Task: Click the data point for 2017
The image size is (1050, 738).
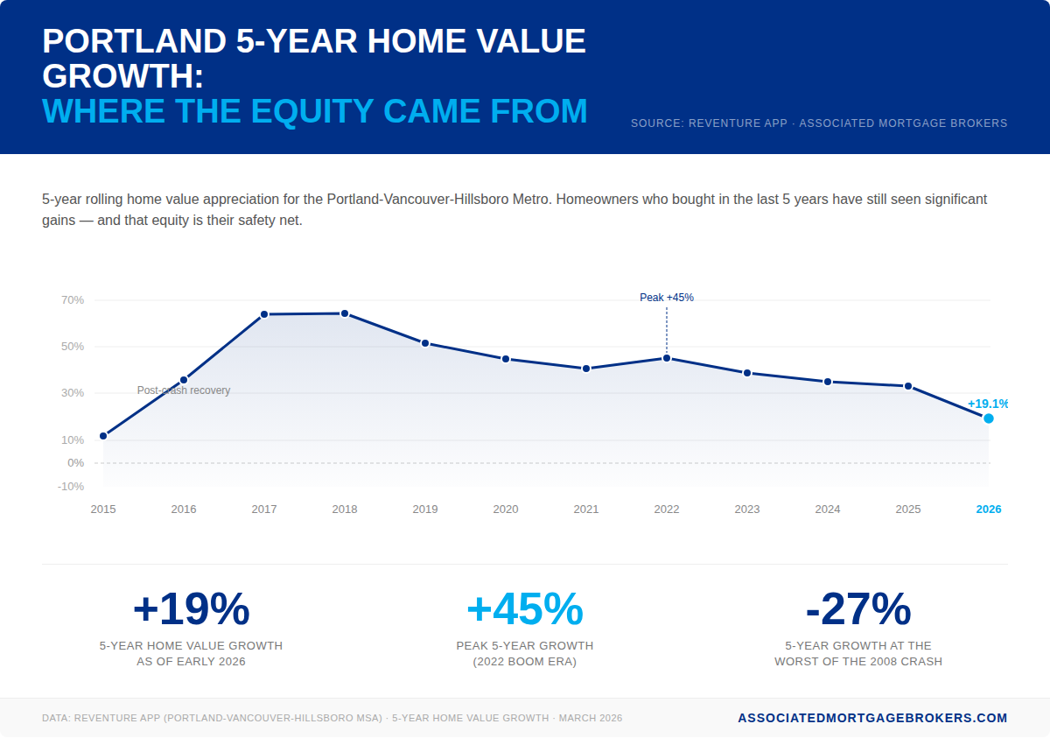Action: pyautogui.click(x=264, y=314)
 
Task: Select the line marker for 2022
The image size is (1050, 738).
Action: pyautogui.click(x=667, y=358)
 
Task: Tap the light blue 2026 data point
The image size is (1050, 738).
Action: pyautogui.click(x=989, y=418)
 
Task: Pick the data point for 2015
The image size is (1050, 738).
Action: pyautogui.click(x=103, y=436)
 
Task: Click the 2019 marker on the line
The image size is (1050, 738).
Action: pyautogui.click(x=425, y=343)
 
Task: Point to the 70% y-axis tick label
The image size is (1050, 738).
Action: pyautogui.click(x=73, y=300)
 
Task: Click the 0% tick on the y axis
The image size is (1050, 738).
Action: pyautogui.click(x=76, y=463)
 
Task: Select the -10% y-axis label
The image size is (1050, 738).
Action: pyautogui.click(x=71, y=487)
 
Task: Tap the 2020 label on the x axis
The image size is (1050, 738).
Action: pyautogui.click(x=506, y=510)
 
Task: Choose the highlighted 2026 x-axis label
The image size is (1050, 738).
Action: pyautogui.click(x=989, y=510)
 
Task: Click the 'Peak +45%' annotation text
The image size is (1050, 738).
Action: pyautogui.click(x=667, y=298)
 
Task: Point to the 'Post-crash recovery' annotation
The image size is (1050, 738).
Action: pyautogui.click(x=184, y=390)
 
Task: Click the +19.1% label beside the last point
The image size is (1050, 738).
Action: pyautogui.click(x=987, y=404)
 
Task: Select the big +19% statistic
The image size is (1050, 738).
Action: pyautogui.click(x=191, y=609)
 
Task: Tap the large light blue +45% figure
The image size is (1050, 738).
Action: pyautogui.click(x=525, y=609)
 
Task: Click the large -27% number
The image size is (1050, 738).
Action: pyautogui.click(x=858, y=609)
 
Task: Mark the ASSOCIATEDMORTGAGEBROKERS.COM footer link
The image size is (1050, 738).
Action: pyautogui.click(x=872, y=718)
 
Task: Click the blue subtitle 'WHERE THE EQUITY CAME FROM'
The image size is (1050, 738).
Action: pyautogui.click(x=315, y=111)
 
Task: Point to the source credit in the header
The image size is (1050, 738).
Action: pyautogui.click(x=819, y=123)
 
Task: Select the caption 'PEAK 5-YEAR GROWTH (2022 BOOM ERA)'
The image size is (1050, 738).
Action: pyautogui.click(x=525, y=654)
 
